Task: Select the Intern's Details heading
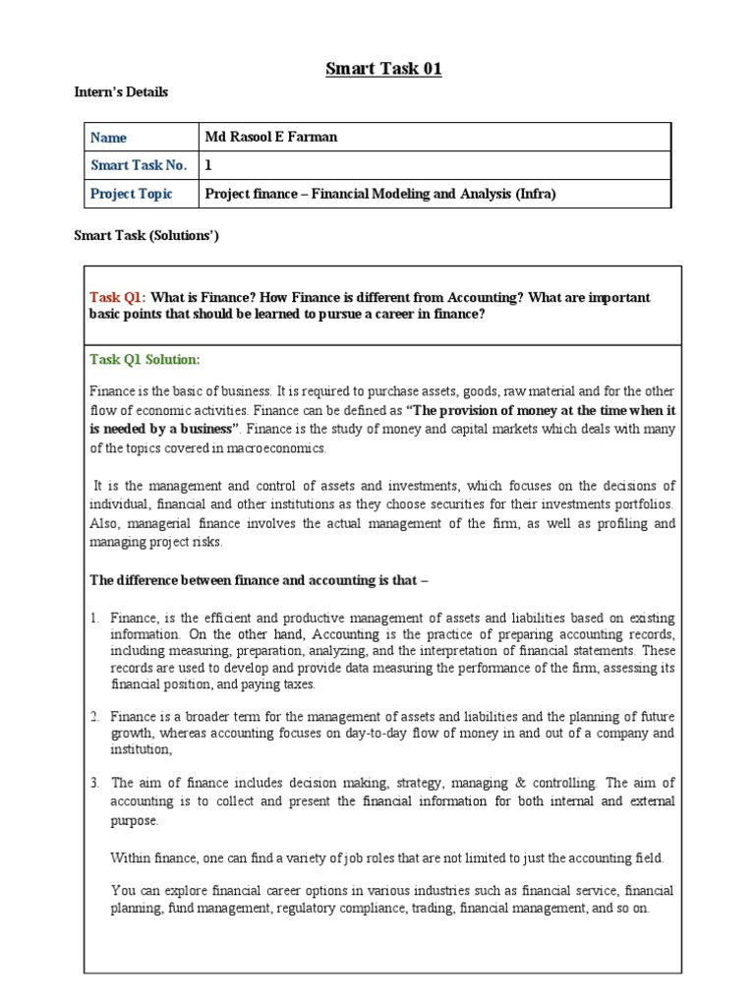coord(121,92)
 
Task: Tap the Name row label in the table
coord(108,138)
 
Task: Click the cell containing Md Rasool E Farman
coord(270,137)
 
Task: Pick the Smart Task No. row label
coord(138,165)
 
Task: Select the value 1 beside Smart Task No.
coord(208,165)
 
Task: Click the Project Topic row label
coord(131,194)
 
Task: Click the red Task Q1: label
coord(117,297)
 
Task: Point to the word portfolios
coord(645,504)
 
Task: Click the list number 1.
coord(94,619)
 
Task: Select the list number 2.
coord(94,717)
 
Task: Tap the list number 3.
coord(94,784)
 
